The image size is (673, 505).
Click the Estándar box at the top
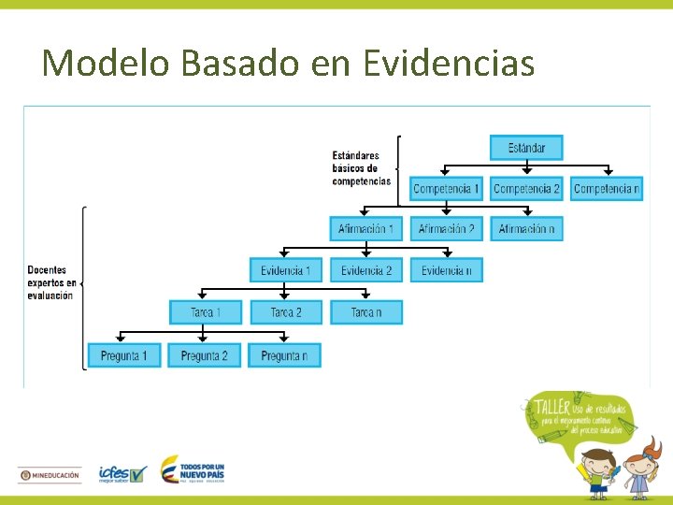coord(526,148)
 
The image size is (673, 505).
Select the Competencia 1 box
coord(446,189)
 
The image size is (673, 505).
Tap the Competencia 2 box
coord(526,189)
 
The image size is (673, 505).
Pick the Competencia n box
coord(607,189)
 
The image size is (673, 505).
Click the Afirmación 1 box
coord(365,229)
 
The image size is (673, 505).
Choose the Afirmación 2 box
coord(446,229)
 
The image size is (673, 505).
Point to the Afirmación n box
coord(526,229)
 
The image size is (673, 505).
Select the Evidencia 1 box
coord(286,270)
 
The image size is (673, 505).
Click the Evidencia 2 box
coord(365,270)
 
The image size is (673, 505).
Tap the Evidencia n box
coord(446,270)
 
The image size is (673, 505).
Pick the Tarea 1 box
coord(206,312)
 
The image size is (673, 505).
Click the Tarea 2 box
coord(286,312)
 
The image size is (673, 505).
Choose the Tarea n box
coord(365,312)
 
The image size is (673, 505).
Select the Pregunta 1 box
coord(124,355)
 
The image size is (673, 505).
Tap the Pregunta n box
coord(284,355)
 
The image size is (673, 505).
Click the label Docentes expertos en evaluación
coord(51,282)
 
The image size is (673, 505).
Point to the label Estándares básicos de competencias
coord(361,168)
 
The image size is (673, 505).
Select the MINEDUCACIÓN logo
coord(50,475)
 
